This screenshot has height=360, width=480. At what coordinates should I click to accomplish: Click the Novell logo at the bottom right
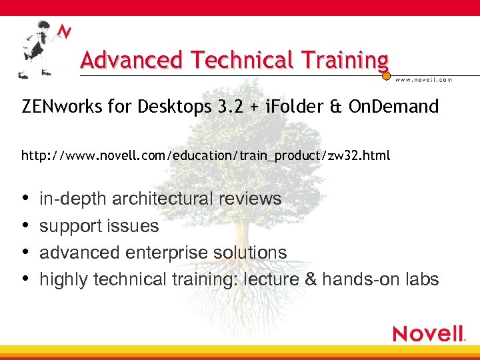pyautogui.click(x=429, y=334)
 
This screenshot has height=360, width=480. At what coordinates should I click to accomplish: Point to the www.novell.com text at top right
pyautogui.click(x=423, y=79)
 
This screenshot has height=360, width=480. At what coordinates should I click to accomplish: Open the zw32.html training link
pyautogui.click(x=206, y=156)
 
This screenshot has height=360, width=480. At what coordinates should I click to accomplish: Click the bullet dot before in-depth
pyautogui.click(x=25, y=199)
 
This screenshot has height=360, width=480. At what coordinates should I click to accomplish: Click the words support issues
pyautogui.click(x=99, y=226)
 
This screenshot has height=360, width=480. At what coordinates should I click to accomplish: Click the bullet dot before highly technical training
pyautogui.click(x=25, y=279)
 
